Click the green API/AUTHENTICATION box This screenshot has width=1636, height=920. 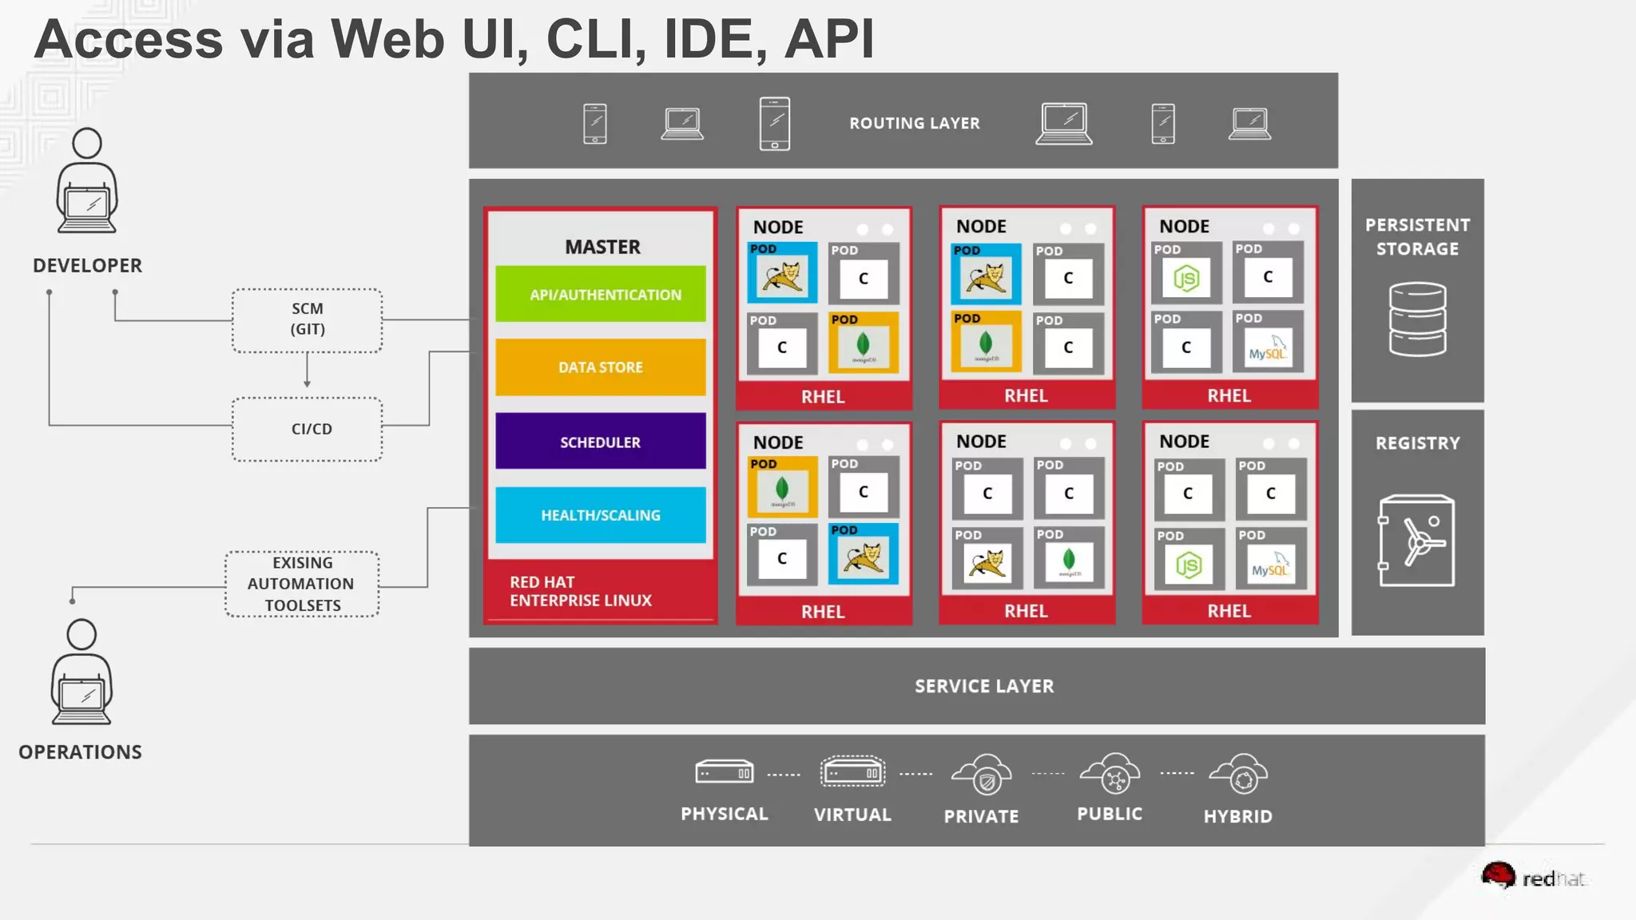(x=601, y=294)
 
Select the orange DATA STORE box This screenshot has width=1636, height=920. (x=601, y=367)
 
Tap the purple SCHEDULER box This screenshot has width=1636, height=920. (x=601, y=441)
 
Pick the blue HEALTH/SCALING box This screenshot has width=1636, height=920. (x=601, y=515)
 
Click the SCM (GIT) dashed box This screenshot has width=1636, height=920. (x=308, y=319)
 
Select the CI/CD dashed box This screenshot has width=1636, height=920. (x=308, y=429)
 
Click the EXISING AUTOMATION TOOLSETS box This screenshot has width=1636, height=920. (x=302, y=584)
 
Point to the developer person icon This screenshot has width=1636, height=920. (x=87, y=181)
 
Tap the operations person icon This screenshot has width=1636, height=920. (x=81, y=672)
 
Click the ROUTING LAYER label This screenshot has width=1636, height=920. (x=914, y=123)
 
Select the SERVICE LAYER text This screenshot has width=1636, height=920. (x=984, y=686)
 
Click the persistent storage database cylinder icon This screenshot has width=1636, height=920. (x=1417, y=319)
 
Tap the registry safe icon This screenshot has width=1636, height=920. (x=1416, y=541)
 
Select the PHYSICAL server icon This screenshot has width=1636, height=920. (x=724, y=772)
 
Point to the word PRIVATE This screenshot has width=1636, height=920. (x=981, y=816)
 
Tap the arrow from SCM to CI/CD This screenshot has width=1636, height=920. (x=307, y=372)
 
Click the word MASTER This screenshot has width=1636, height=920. (x=602, y=247)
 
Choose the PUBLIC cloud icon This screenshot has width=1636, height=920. (x=1110, y=774)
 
